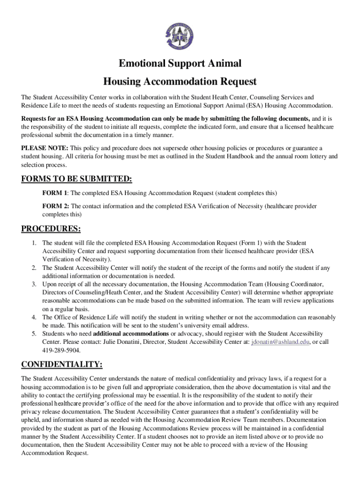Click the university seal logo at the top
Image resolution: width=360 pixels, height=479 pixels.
click(180, 37)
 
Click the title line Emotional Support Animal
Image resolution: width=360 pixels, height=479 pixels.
click(180, 64)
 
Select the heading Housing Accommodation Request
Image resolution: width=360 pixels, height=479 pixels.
click(180, 81)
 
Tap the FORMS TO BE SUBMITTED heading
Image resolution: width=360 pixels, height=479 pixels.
click(77, 179)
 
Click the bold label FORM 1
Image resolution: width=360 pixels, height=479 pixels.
click(55, 193)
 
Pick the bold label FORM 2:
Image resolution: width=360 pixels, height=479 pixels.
click(56, 206)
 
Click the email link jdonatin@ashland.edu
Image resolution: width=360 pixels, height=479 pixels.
click(280, 342)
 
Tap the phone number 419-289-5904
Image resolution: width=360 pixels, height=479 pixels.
click(61, 350)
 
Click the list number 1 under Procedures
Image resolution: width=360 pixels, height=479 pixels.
click(34, 243)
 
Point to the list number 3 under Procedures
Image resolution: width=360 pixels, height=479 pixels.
click(34, 284)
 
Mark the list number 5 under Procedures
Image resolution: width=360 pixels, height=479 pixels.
click(34, 334)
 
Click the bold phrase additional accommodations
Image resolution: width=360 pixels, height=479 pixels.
click(131, 334)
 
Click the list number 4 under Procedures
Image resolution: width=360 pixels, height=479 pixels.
click(34, 317)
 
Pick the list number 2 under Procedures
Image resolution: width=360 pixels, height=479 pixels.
click(34, 268)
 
